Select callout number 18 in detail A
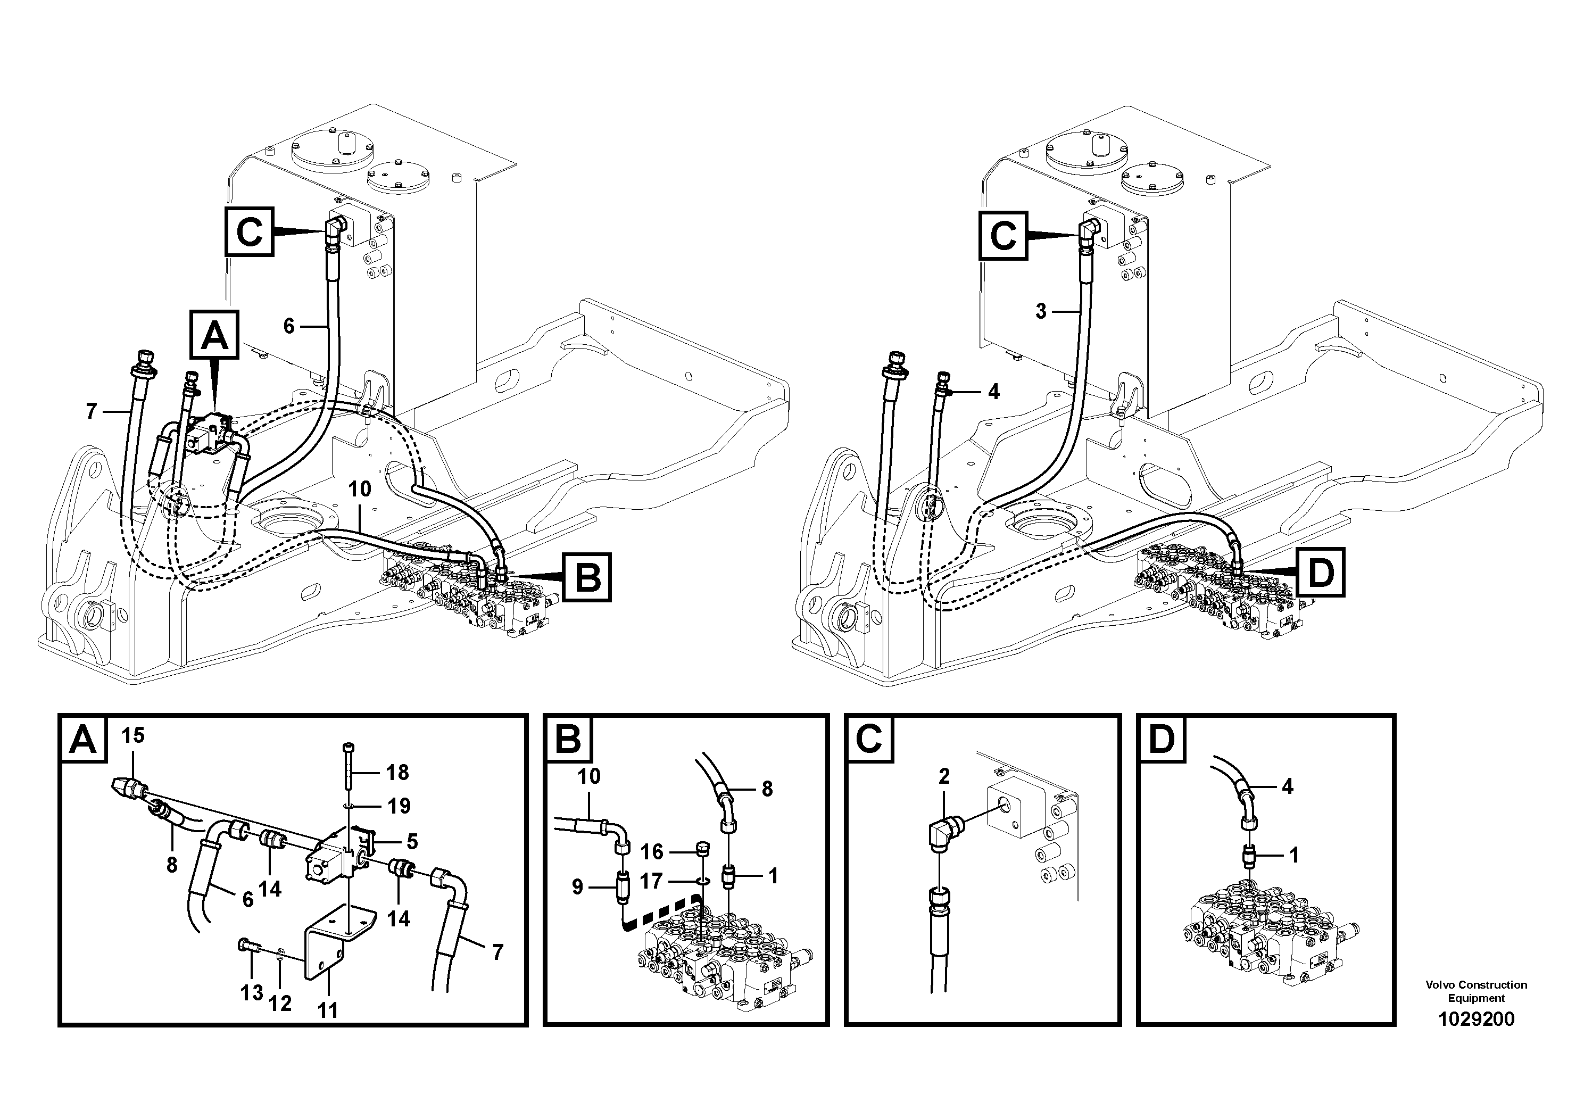coord(397,773)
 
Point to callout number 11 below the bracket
coord(328,1010)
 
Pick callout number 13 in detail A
coord(252,993)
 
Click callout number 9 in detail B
coord(577,887)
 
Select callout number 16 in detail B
coord(651,852)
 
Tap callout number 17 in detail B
coord(651,881)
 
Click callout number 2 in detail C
coord(944,777)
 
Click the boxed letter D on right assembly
coord(1320,572)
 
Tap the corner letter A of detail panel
coord(84,740)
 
